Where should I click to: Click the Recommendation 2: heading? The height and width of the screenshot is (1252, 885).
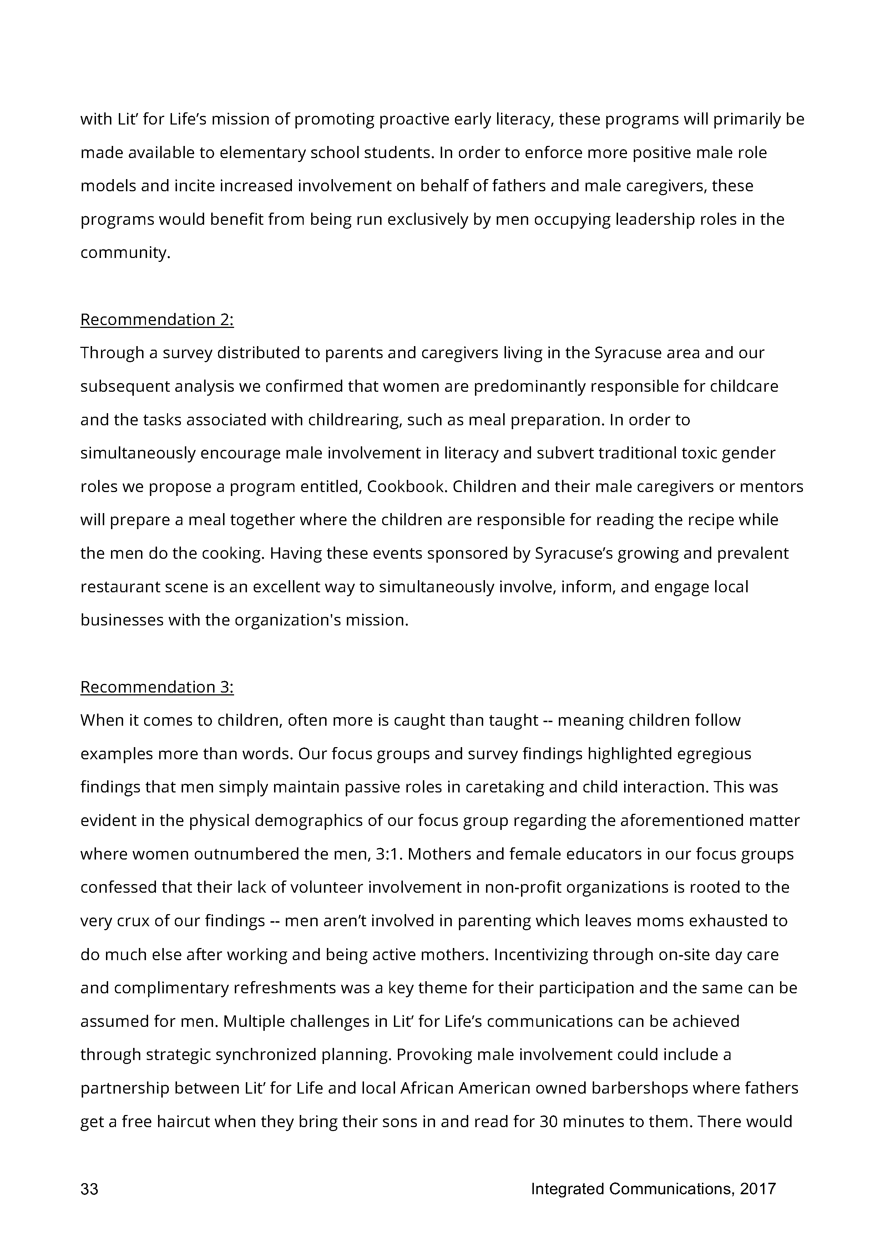point(157,320)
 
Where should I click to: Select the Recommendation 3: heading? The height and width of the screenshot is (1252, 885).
point(157,687)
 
